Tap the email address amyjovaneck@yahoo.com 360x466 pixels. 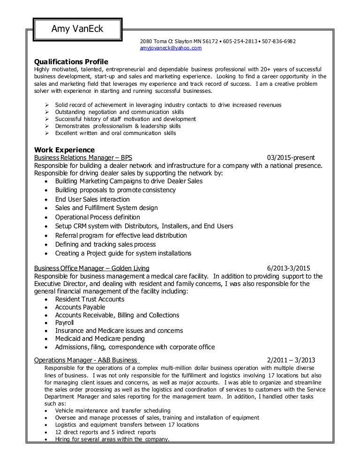point(171,48)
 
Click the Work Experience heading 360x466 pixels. point(64,150)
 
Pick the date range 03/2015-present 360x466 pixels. point(291,158)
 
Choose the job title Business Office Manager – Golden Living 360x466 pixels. point(92,268)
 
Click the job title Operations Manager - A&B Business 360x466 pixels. point(87,360)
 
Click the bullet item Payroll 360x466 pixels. point(65,323)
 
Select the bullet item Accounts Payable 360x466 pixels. point(80,307)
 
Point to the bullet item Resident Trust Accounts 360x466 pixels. point(90,299)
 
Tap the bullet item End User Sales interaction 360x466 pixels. point(92,199)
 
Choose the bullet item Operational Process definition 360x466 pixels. point(97,217)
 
